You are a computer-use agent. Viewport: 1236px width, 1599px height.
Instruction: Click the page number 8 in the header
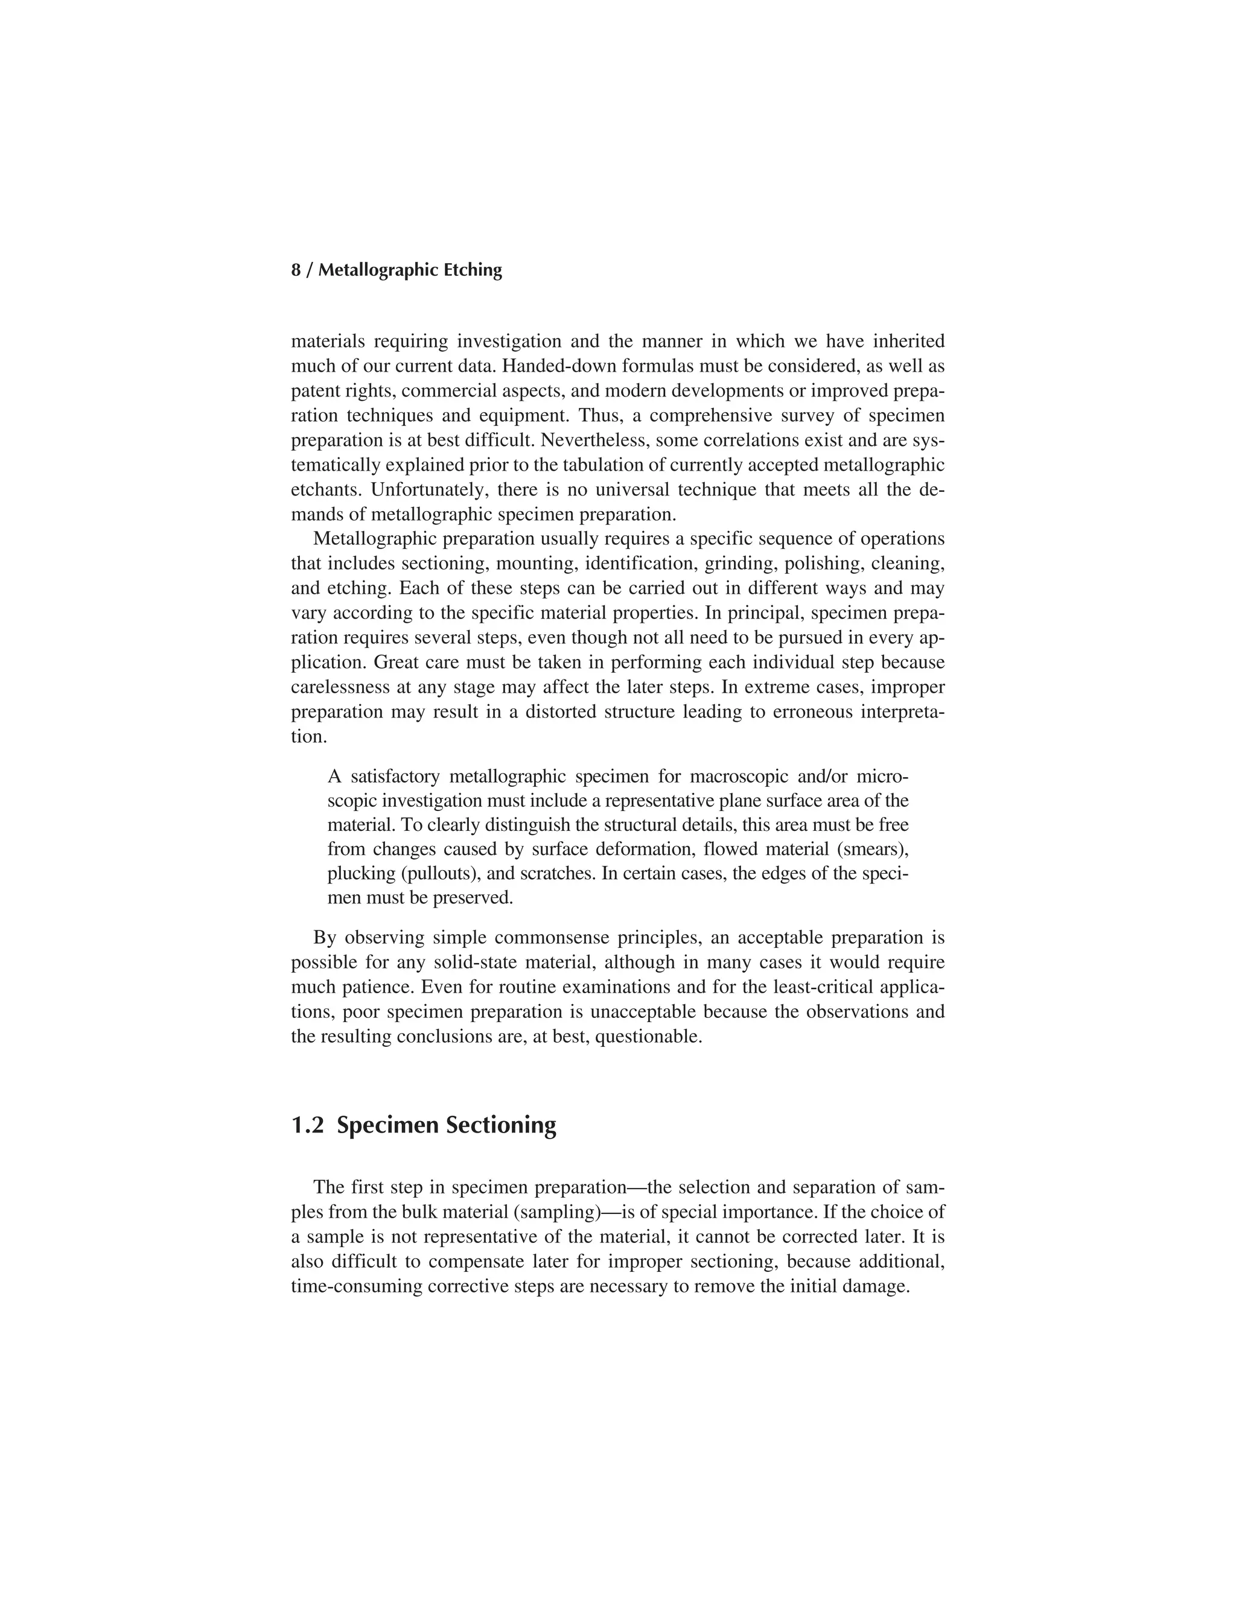[296, 270]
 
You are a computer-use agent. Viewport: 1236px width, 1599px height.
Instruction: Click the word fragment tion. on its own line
[308, 737]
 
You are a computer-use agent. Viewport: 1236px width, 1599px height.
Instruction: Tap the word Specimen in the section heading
[387, 1125]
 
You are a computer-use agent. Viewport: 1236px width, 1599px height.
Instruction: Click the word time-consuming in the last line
[356, 1286]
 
